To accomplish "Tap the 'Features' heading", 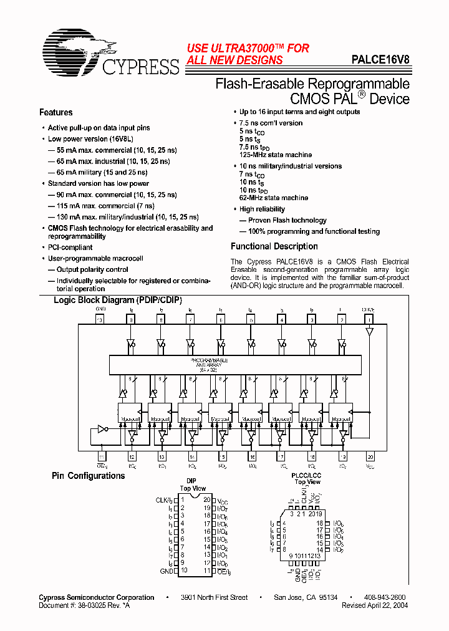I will (x=56, y=112).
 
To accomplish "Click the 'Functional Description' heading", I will (x=274, y=246).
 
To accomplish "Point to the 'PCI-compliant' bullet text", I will (x=70, y=248).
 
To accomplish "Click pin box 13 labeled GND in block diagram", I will (x=100, y=319).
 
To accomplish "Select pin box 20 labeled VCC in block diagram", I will (x=370, y=456).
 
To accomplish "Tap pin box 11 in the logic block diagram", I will (x=100, y=456).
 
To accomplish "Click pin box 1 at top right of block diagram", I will (x=370, y=319).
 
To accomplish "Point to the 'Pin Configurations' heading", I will (x=88, y=476).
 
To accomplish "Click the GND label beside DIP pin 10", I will (x=165, y=571).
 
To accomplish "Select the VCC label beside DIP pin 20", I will (x=223, y=500).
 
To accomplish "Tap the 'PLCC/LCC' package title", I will (x=307, y=474).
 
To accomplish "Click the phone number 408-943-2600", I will (x=385, y=597).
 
